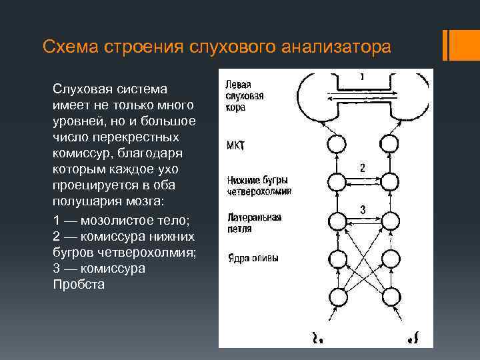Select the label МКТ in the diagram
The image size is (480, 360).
pos(236,145)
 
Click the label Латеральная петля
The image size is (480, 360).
pos(253,223)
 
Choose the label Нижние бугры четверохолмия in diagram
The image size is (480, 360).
pos(259,184)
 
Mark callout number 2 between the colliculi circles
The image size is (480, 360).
pos(362,168)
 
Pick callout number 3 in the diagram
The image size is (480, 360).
pos(362,210)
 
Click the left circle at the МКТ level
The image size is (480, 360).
pos(338,144)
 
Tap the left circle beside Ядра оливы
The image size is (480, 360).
pos(338,259)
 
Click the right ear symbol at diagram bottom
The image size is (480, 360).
pos(414,337)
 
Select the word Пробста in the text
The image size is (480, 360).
pos(78,285)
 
